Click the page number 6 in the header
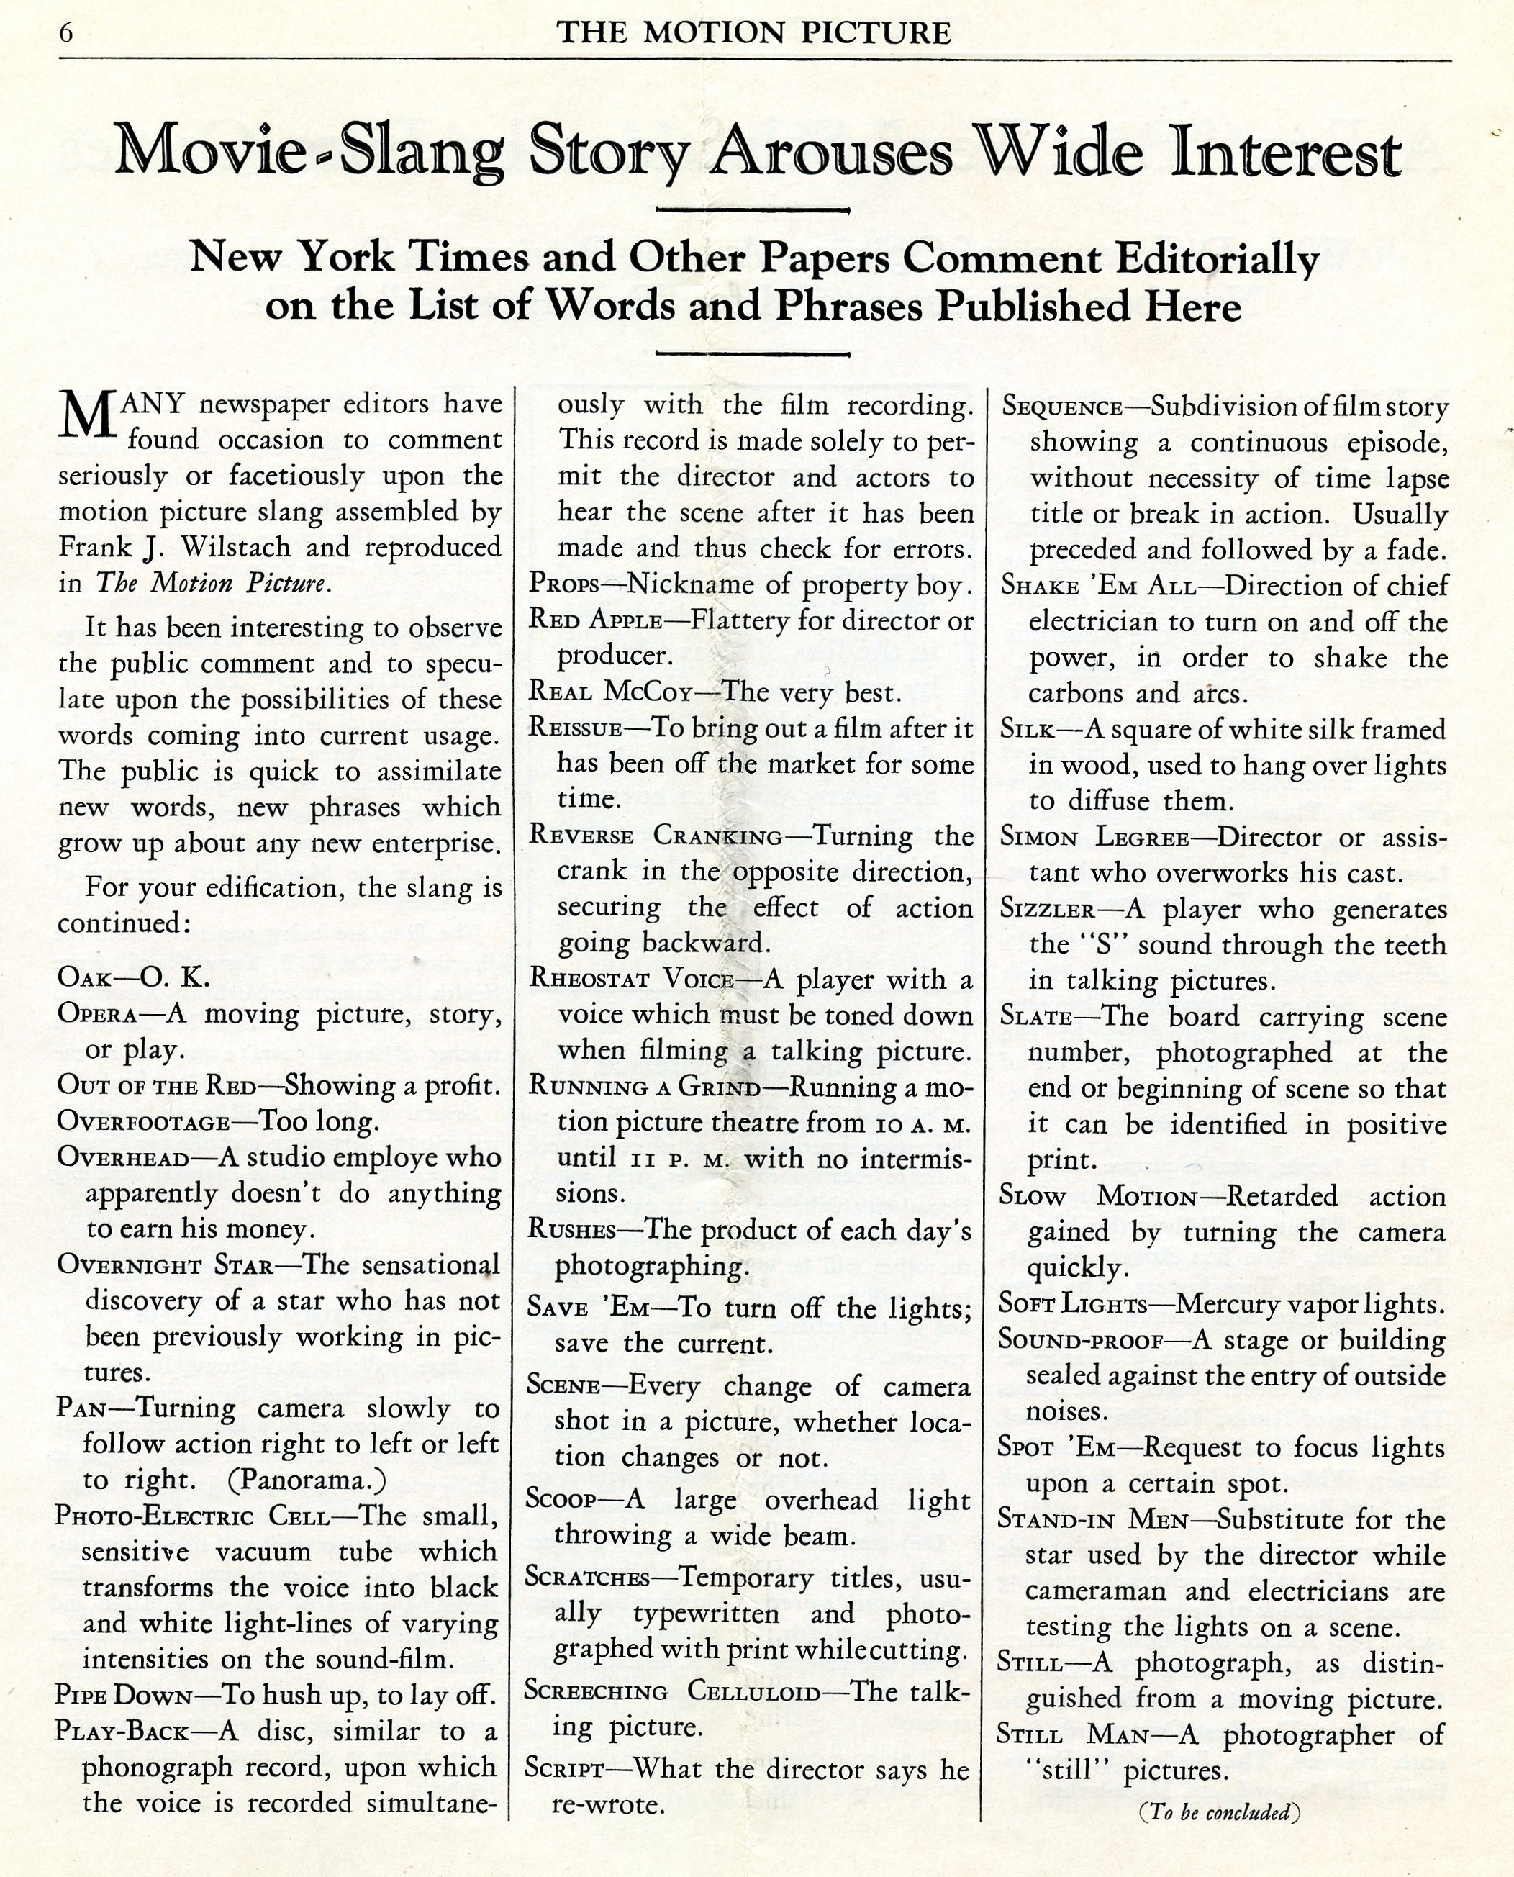tap(65, 33)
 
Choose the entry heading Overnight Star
tap(166, 1265)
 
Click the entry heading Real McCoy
tap(610, 692)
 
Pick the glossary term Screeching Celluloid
tap(672, 1691)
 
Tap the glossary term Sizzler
tap(1046, 910)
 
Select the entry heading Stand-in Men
tap(1093, 1519)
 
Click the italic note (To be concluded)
tap(1219, 1812)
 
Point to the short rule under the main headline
tap(752, 210)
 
